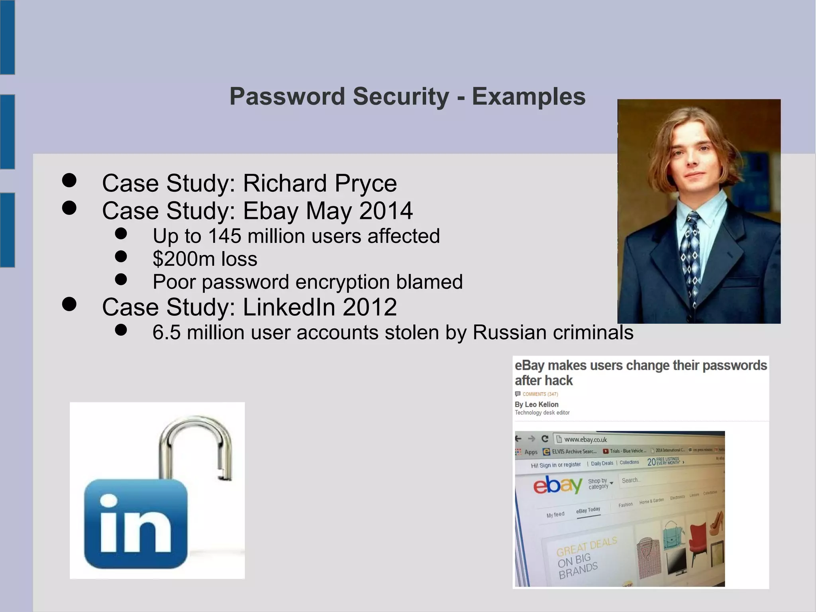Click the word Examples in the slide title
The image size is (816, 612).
529,96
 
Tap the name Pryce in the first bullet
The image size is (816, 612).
365,183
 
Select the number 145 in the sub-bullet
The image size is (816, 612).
224,236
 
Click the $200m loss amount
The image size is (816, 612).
205,259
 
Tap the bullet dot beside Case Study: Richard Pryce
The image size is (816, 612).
69,180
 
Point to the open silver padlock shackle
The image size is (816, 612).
195,443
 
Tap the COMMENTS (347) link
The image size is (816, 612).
540,394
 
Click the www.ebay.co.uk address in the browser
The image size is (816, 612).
585,439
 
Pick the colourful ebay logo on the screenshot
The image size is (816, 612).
558,485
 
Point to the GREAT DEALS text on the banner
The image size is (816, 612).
586,546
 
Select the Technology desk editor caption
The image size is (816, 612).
542,413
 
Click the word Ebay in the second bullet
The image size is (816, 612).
270,211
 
